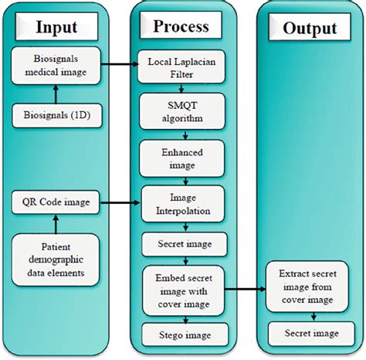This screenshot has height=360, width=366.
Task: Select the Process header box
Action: coord(181,26)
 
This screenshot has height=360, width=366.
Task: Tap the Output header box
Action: coord(310,28)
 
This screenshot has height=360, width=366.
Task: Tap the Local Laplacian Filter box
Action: coord(180,68)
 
